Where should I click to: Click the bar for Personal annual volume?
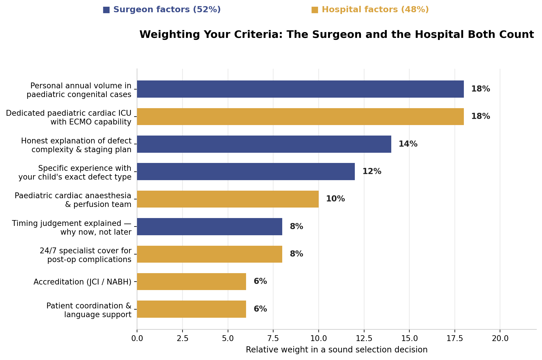tap(300, 89)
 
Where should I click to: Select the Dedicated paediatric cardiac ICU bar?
tap(300, 117)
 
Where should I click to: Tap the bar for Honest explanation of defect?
tap(264, 144)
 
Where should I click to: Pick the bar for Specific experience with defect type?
tap(246, 171)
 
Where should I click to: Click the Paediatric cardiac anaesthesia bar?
tap(228, 199)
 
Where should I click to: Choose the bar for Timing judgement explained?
tap(210, 226)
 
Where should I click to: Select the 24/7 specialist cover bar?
tap(210, 254)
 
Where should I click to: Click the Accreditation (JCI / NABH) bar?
tap(192, 282)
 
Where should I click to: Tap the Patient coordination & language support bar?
tap(192, 309)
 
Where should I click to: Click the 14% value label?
tap(408, 144)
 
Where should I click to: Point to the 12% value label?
tap(372, 171)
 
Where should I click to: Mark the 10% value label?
tap(335, 199)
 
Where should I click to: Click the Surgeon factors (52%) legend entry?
tap(162, 10)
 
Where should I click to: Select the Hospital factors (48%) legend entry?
tap(370, 10)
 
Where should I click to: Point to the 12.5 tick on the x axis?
tap(364, 338)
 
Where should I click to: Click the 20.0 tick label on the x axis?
tap(500, 338)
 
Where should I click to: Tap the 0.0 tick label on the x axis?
tap(137, 338)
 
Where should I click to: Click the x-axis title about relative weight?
tap(337, 350)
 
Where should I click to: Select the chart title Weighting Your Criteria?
tap(337, 35)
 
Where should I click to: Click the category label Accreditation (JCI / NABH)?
tap(83, 282)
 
